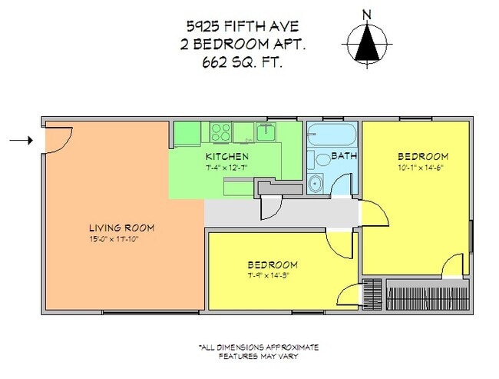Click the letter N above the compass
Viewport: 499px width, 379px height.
point(367,15)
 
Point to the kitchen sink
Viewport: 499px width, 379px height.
point(268,132)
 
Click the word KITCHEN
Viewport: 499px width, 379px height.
point(226,156)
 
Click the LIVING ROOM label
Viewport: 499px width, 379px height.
point(122,228)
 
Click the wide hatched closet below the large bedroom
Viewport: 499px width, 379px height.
point(426,294)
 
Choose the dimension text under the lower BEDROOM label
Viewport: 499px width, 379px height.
point(273,276)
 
